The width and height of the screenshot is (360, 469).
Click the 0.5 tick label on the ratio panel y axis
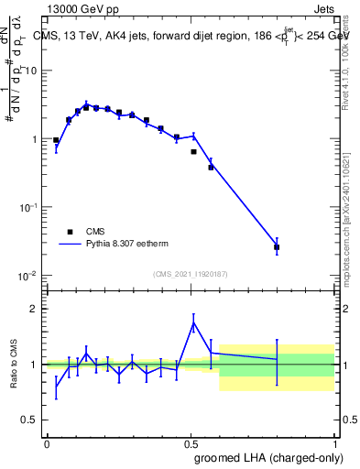30,420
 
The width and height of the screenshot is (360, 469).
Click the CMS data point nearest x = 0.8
277,247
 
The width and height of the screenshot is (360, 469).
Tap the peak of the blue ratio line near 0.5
193,322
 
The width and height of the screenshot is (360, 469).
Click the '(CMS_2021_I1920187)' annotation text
191,274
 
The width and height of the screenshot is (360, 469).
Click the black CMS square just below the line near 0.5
193,152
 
